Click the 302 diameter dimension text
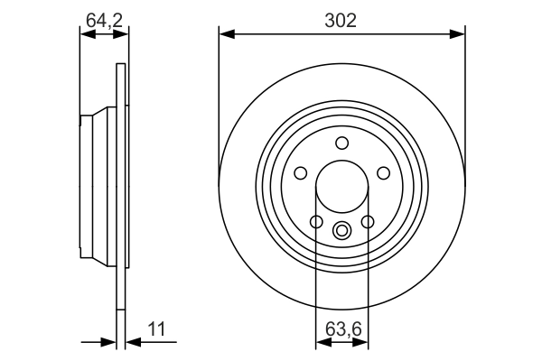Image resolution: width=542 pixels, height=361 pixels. point(341,19)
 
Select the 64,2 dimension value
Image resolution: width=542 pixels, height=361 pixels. point(104,19)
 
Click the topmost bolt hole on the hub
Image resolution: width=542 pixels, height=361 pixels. point(341,143)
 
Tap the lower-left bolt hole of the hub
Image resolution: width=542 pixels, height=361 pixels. point(316,222)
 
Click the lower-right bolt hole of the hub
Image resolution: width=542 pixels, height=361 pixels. point(367,222)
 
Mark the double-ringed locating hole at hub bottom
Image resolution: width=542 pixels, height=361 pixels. point(341,229)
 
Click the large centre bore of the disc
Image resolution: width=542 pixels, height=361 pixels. point(341,190)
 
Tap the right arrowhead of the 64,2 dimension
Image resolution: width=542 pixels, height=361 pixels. point(121,34)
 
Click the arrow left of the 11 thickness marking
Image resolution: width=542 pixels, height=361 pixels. point(109,342)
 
